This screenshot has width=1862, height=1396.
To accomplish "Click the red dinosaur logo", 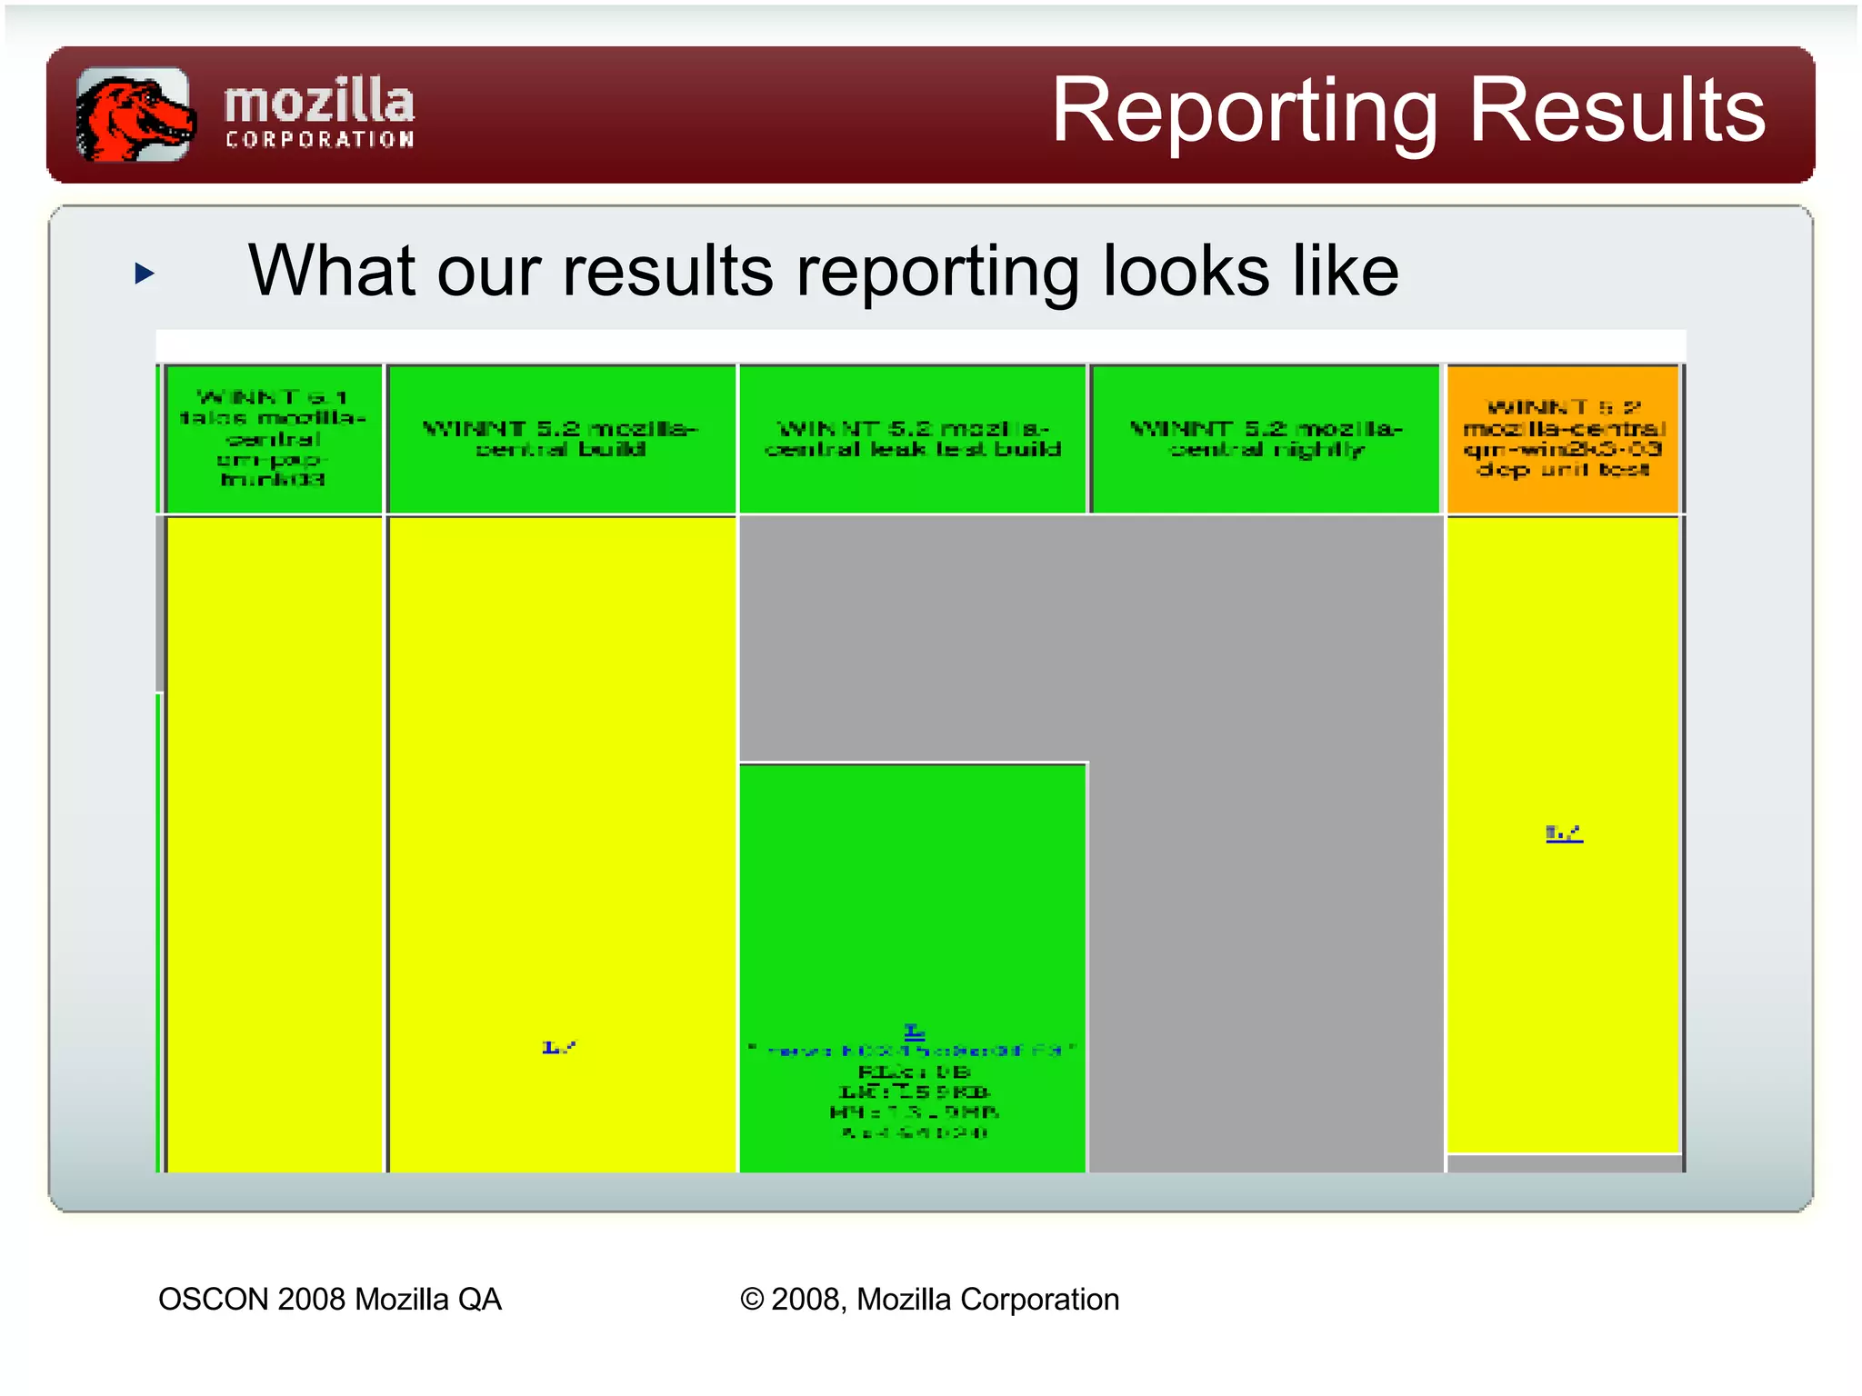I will pos(134,115).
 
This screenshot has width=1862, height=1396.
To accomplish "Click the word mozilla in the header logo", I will pos(319,102).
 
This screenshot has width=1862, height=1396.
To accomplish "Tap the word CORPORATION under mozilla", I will pos(319,140).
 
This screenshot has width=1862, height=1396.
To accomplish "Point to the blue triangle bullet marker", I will pos(145,273).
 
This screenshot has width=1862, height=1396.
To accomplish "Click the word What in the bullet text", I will pos(329,271).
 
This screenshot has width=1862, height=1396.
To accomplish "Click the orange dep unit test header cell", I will pos(1562,439).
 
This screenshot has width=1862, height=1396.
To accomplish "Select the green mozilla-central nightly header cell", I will pos(1266,439).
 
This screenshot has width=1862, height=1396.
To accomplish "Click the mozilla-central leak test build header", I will pos(913,439).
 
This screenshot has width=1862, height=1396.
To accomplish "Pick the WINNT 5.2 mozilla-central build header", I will pos(561,439).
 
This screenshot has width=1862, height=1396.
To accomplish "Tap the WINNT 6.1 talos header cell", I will pos(273,439).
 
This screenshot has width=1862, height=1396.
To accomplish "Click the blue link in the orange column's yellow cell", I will pos(1564,833).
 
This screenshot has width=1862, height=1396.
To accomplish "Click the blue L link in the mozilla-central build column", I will pos(558,1048).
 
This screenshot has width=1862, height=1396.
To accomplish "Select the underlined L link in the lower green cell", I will pos(914,1031).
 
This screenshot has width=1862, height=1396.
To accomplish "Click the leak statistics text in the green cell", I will pos(914,1102).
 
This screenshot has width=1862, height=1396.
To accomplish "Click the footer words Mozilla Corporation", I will pos(987,1300).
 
